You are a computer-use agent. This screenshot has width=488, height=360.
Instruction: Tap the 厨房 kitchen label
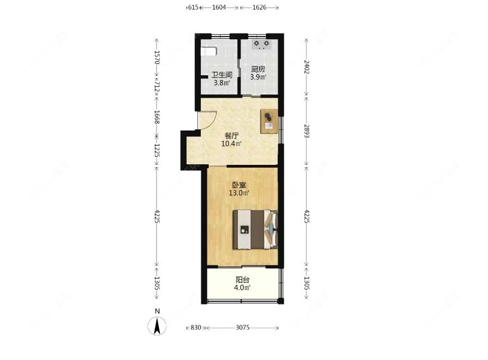[x=258, y=70]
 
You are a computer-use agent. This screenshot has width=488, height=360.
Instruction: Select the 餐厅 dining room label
[x=232, y=136]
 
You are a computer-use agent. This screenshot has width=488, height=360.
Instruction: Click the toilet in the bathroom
[x=209, y=51]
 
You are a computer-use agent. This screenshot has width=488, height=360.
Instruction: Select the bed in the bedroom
[x=255, y=229]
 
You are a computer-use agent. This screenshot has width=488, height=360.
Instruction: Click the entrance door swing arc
[x=209, y=119]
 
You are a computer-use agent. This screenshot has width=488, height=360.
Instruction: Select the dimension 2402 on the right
[x=306, y=67]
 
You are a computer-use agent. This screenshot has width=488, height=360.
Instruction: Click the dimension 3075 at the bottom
[x=243, y=327]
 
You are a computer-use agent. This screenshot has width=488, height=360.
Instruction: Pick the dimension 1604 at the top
[x=219, y=7]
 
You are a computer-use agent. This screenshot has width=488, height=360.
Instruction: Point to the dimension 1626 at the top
[x=259, y=7]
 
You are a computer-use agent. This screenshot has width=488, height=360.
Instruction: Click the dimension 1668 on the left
[x=158, y=117]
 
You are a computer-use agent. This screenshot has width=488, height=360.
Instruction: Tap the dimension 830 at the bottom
[x=195, y=327]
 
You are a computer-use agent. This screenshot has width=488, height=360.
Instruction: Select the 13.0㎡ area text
[x=239, y=193]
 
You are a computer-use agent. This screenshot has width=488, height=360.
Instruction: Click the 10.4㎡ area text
[x=232, y=144]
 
